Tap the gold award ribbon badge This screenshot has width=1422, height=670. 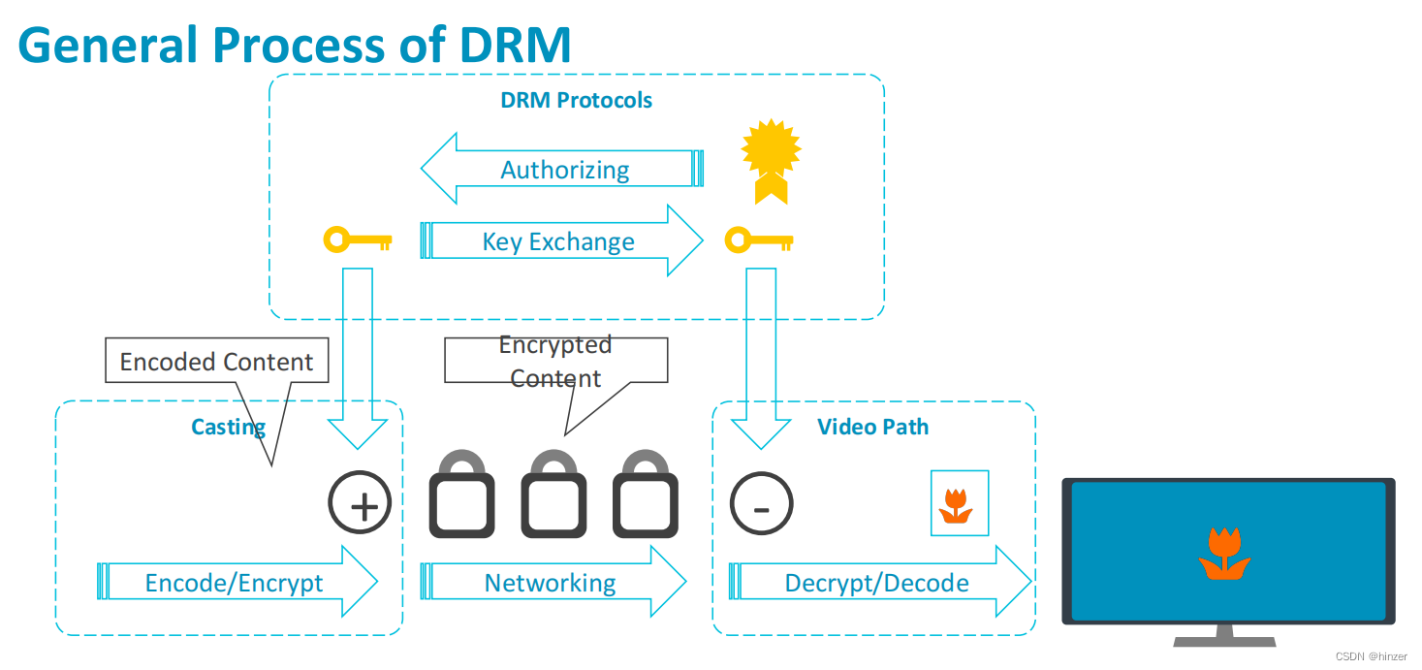click(771, 160)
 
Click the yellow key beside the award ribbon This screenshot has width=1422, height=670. click(759, 239)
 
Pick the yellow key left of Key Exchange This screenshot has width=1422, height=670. click(357, 239)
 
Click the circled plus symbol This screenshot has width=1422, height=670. click(360, 504)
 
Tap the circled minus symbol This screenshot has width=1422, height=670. click(761, 504)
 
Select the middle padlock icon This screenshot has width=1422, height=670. click(553, 496)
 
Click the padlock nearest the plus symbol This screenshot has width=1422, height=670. click(462, 496)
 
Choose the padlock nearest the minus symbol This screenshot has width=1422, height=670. click(646, 496)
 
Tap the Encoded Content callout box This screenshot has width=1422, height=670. click(216, 362)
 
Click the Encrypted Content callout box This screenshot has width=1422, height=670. click(555, 361)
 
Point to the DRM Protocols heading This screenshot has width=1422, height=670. click(576, 100)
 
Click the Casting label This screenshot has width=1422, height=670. click(228, 427)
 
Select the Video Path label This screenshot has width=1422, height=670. click(872, 427)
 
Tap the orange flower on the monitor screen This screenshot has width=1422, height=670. click(1224, 555)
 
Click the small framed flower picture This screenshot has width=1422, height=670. click(959, 503)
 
